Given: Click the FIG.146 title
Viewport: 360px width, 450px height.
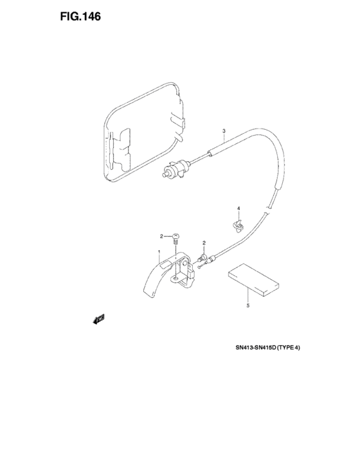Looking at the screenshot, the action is [x=80, y=17].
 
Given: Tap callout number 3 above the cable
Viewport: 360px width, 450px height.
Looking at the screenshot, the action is [x=224, y=131].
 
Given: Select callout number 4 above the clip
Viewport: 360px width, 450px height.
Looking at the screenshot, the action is [x=239, y=208].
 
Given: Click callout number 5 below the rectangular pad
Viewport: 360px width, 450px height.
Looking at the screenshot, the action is [x=248, y=305].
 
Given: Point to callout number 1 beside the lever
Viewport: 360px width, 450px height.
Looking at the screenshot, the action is [x=159, y=252].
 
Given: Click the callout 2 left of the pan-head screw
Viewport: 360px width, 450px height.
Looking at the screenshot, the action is [x=161, y=236].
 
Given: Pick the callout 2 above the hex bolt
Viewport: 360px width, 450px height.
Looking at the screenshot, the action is [x=204, y=243].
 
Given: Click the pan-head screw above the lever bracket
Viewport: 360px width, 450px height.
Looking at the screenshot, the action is [x=175, y=239].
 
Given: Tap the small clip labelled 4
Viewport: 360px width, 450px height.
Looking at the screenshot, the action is [x=237, y=225].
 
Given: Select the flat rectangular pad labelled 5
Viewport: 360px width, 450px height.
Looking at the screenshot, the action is [x=253, y=280].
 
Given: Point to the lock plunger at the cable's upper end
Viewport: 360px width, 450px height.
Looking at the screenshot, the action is [x=175, y=169].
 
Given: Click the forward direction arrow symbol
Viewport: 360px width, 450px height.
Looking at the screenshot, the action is [x=98, y=319].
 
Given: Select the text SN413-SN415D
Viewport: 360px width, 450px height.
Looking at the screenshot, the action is [x=255, y=348].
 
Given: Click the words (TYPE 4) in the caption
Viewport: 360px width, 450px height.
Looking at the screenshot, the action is [x=289, y=348].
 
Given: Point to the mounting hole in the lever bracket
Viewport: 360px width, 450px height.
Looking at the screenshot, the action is [x=175, y=278].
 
